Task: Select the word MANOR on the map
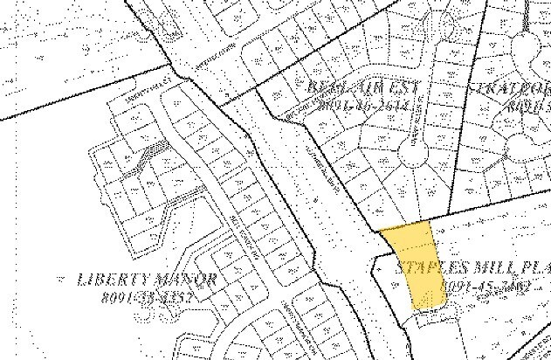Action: [x=185, y=280]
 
